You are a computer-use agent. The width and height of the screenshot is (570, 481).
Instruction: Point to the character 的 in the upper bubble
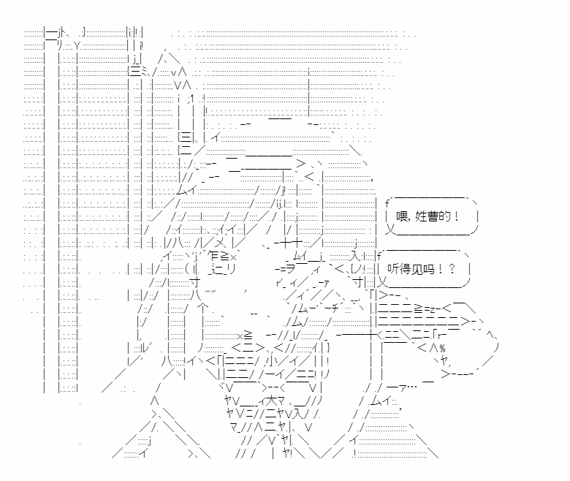tap(445, 217)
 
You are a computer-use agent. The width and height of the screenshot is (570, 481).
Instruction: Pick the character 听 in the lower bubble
tap(395, 268)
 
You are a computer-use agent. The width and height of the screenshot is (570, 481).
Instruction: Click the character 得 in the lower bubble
tap(408, 268)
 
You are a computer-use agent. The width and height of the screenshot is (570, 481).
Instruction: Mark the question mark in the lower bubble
tap(452, 268)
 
